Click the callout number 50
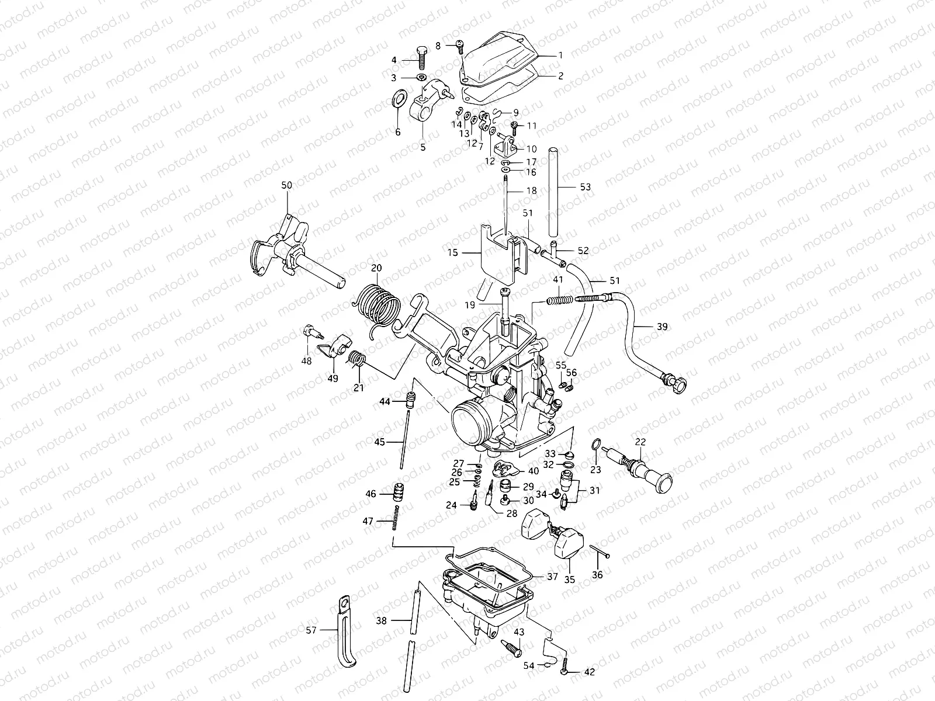286,185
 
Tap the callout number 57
312,630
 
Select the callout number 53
585,188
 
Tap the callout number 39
662,327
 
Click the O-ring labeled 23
595,446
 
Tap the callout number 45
380,442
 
